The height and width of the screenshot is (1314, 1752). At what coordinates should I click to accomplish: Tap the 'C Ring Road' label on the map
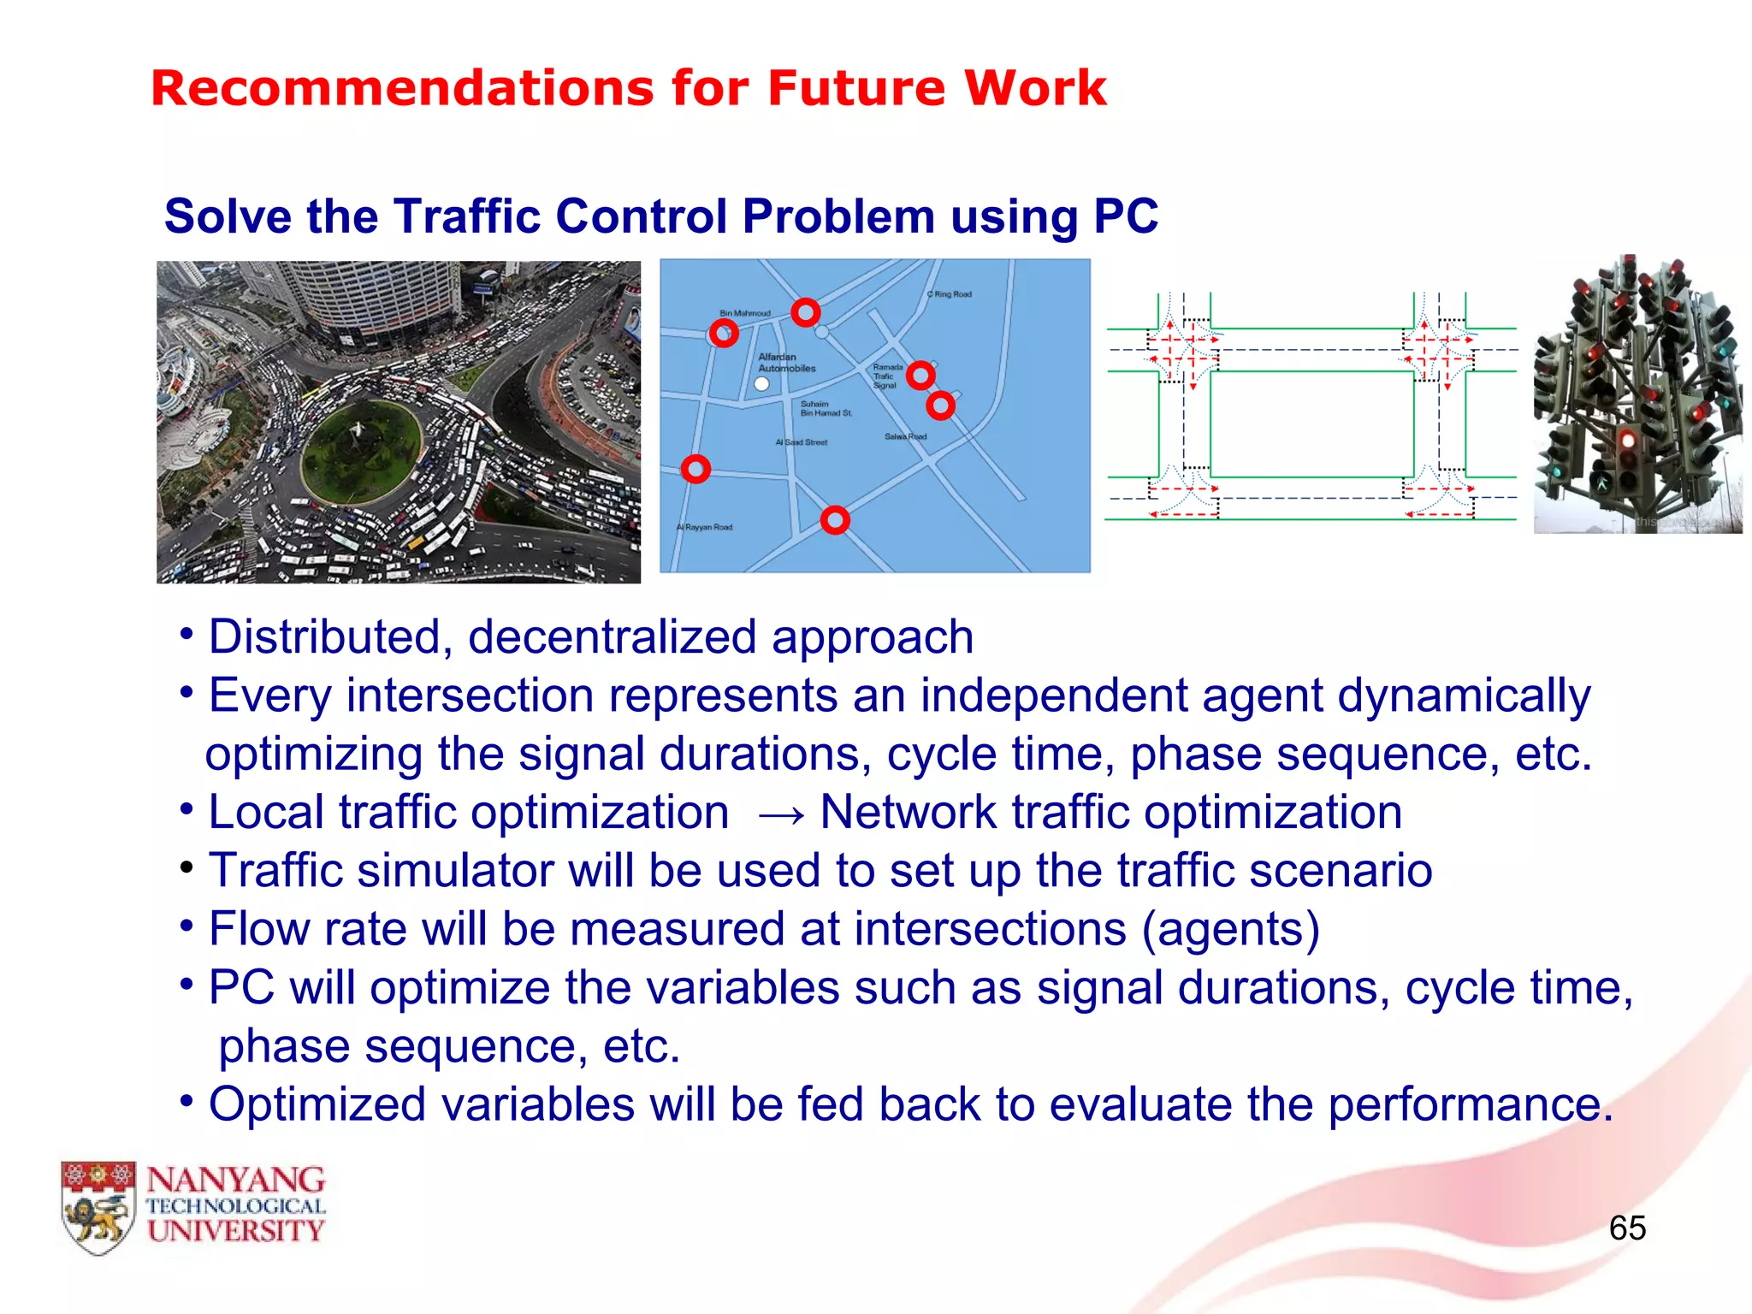950,294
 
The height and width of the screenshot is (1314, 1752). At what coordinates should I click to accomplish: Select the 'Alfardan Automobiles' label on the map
786,363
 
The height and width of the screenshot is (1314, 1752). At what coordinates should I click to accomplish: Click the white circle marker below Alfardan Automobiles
761,384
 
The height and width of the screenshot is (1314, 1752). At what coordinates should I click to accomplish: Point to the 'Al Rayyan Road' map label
704,527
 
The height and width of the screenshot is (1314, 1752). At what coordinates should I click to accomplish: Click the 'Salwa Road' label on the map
905,436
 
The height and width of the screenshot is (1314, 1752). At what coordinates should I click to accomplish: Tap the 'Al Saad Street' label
801,442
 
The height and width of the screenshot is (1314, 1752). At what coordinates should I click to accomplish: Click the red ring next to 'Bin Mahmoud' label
724,334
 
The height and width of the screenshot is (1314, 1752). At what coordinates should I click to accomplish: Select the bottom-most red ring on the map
835,520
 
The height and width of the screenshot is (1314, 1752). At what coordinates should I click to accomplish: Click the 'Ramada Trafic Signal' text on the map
886,376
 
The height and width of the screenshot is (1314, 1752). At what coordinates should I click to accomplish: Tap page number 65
1626,1228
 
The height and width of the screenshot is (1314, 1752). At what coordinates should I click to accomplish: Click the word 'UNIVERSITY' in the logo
236,1231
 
